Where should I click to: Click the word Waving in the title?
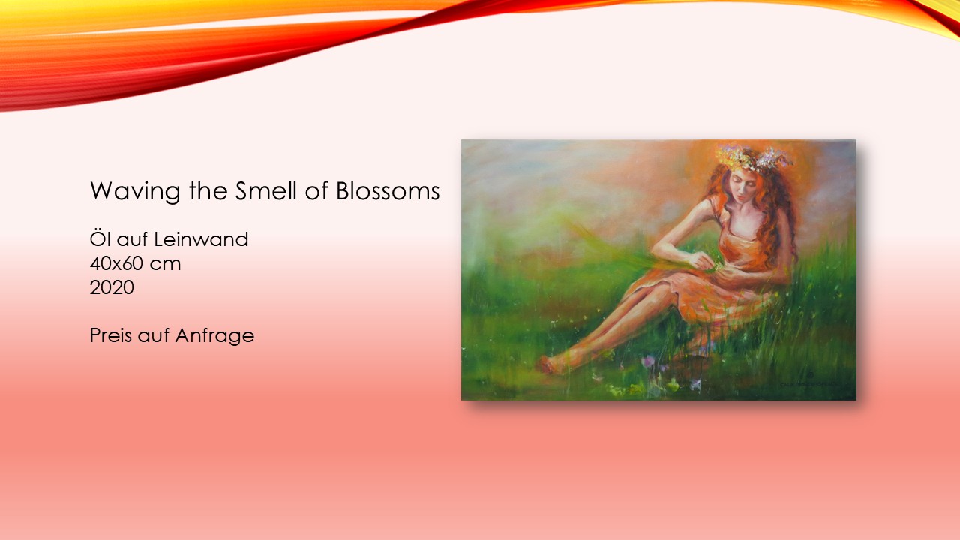point(134,191)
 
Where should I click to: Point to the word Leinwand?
point(201,239)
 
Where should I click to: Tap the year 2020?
point(112,287)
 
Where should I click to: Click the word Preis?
point(110,334)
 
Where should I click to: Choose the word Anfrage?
point(214,336)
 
